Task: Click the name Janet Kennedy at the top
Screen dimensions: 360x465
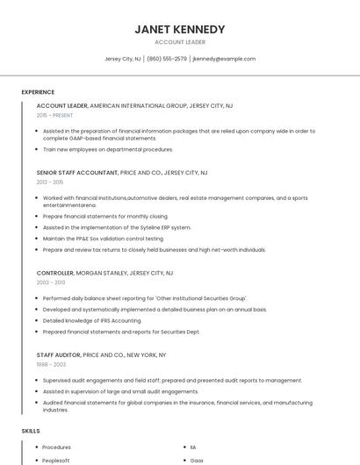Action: tap(180, 29)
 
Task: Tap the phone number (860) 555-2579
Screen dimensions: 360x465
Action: tap(167, 59)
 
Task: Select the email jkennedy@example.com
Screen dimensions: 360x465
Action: tap(224, 59)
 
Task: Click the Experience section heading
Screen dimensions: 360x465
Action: tap(38, 92)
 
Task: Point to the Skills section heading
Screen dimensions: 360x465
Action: tap(31, 431)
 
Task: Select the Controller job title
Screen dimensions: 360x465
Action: tap(55, 273)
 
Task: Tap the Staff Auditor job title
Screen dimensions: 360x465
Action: tap(58, 354)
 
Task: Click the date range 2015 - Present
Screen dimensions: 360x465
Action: tap(55, 115)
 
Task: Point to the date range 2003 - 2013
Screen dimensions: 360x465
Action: tap(51, 283)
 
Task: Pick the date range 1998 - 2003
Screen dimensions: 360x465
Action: tap(51, 364)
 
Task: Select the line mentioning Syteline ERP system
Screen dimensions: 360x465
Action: tap(116, 227)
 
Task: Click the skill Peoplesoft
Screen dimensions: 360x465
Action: tap(56, 459)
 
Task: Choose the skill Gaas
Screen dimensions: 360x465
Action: tap(197, 459)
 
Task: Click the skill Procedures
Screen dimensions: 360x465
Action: tap(58, 447)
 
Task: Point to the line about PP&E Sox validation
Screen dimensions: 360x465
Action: tap(103, 239)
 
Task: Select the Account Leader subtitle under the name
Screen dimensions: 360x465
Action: tap(180, 41)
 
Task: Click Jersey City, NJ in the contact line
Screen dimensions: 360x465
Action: tap(122, 59)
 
